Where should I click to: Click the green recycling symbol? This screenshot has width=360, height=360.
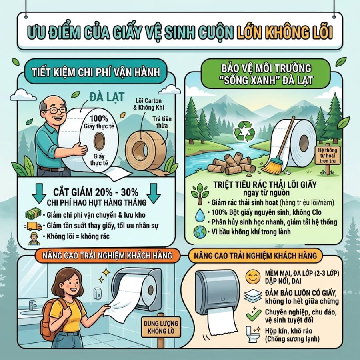[244, 132]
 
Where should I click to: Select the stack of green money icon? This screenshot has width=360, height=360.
[33, 214]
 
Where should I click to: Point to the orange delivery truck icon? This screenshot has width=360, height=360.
[33, 226]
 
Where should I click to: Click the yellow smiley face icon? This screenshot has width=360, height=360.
[253, 277]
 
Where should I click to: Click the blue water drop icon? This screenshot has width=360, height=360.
[200, 215]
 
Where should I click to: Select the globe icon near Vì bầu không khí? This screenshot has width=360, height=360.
[200, 232]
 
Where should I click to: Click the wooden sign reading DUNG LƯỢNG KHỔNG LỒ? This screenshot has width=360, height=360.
[161, 327]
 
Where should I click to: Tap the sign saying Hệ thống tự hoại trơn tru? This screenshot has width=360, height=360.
[328, 156]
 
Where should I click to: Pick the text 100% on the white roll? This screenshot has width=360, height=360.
[99, 118]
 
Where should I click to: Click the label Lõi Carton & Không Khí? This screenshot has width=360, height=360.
[148, 104]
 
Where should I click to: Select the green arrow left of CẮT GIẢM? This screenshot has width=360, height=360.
[39, 193]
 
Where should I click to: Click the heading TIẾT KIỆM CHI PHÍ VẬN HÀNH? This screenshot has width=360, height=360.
[96, 72]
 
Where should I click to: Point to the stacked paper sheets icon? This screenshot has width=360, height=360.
[253, 296]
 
